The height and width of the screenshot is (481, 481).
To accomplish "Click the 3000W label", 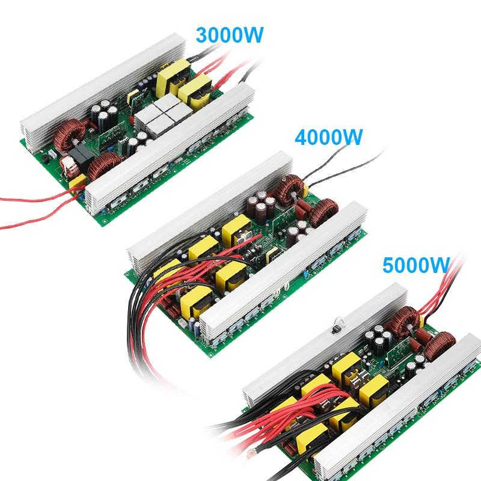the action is coord(230,34).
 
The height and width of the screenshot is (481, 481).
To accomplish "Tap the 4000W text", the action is coord(329,137).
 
